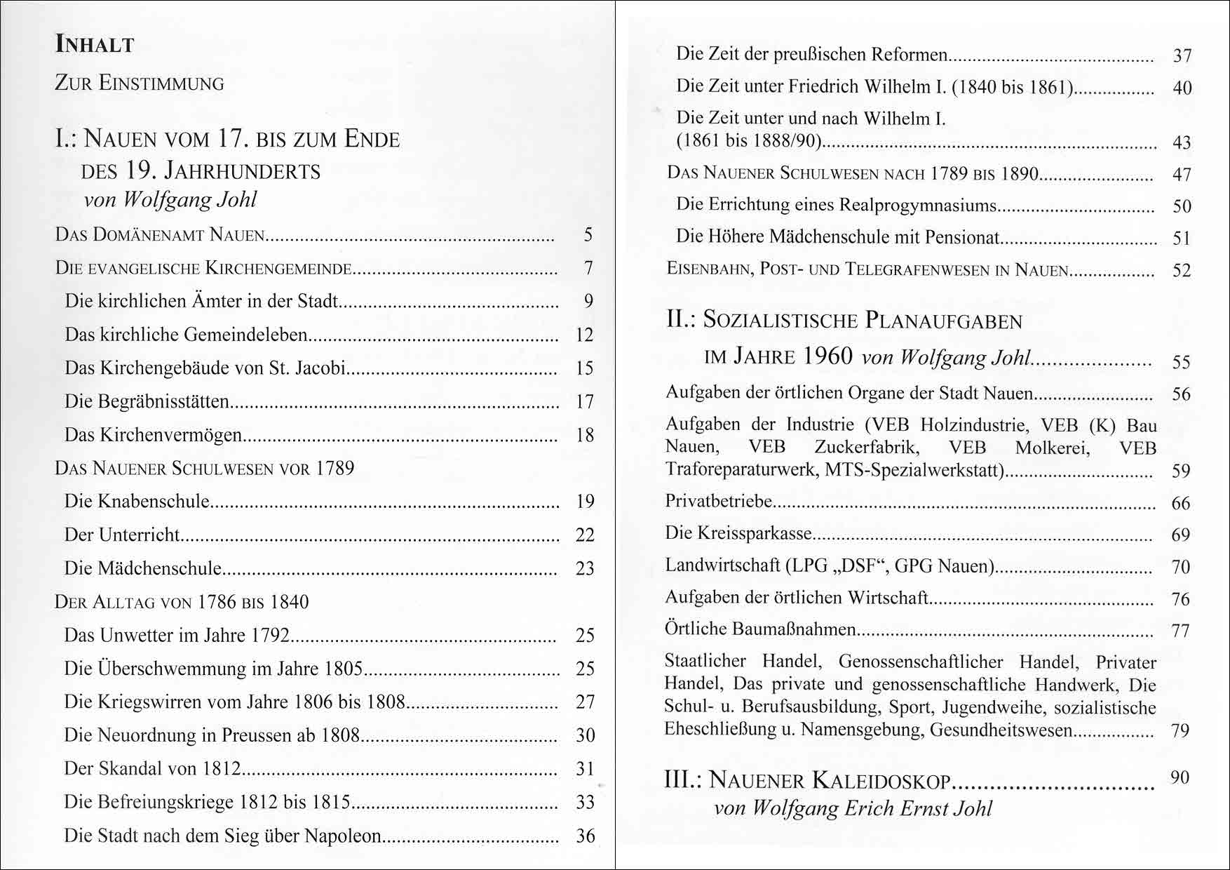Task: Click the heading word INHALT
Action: [x=95, y=45]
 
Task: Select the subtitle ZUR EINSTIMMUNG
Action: [x=140, y=83]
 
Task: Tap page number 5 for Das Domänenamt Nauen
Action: [x=588, y=234]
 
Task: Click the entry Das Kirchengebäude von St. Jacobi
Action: [x=205, y=368]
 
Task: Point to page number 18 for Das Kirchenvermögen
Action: [x=585, y=435]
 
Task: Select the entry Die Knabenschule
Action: [x=137, y=501]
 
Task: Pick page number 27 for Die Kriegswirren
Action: [x=585, y=702]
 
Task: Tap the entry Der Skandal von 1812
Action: [x=152, y=769]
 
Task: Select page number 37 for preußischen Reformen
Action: [x=1182, y=55]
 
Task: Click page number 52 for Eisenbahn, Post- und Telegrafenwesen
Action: [x=1182, y=270]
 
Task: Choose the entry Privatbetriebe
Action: [x=719, y=502]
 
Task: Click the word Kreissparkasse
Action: [x=755, y=533]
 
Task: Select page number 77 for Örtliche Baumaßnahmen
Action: [x=1181, y=631]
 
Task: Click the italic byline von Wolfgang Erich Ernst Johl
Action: [x=853, y=808]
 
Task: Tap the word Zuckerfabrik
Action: [x=866, y=448]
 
